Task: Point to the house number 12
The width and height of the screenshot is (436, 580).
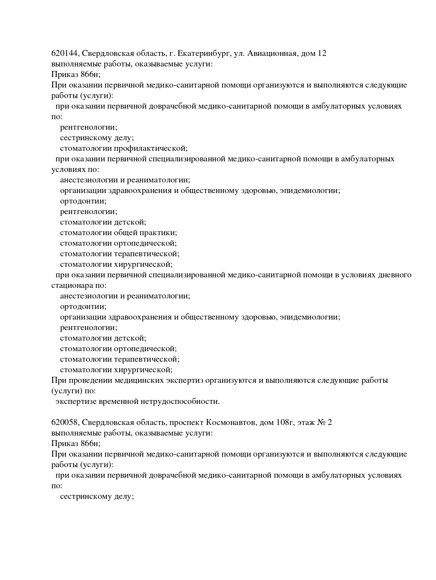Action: tap(322, 53)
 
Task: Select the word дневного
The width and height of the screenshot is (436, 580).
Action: tap(395, 275)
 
